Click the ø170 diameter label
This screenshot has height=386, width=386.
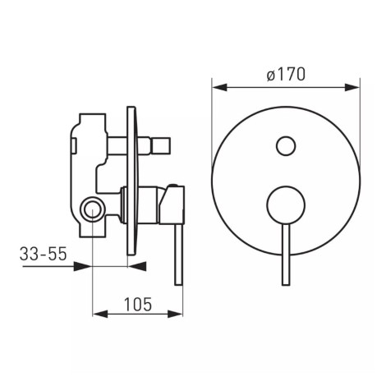point(286,74)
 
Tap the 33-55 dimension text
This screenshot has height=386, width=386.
point(43,254)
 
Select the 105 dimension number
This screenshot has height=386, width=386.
point(138,304)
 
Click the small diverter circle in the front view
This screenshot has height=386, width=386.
point(286,145)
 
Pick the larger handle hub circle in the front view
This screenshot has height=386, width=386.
point(286,205)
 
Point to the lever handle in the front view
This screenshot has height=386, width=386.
point(286,254)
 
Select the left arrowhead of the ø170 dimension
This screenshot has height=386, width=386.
point(220,88)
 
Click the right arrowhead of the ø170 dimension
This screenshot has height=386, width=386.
point(352,88)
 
